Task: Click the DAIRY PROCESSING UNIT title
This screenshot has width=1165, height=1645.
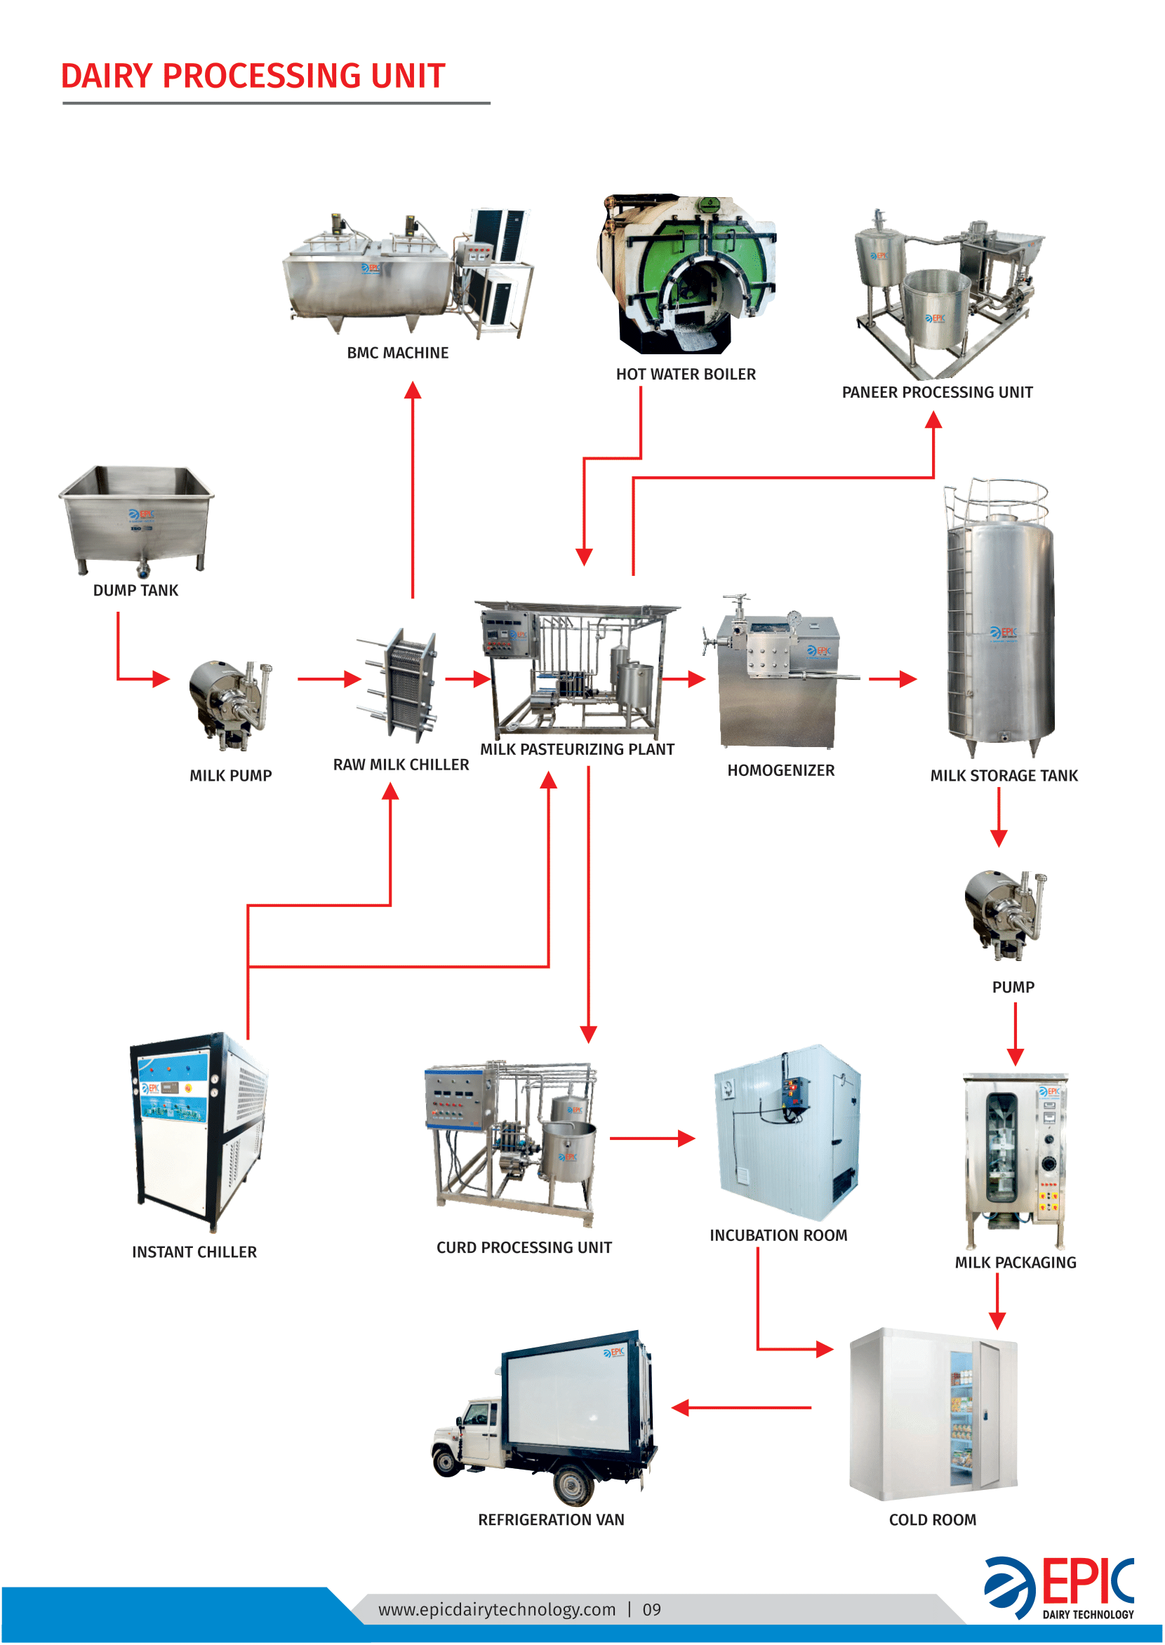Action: coord(253,76)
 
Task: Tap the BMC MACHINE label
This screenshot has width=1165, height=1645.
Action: coord(397,353)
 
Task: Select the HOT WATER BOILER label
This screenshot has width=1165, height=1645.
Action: coord(685,375)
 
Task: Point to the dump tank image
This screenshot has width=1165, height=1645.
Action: coord(136,518)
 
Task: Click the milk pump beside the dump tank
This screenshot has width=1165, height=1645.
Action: coord(230,705)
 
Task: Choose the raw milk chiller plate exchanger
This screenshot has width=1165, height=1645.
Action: coord(401,685)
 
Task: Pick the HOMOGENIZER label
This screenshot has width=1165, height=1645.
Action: coord(780,770)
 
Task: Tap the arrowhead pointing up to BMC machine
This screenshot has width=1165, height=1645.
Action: coord(413,390)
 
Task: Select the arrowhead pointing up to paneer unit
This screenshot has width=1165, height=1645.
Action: coord(933,419)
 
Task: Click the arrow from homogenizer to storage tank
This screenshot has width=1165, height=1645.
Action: coord(893,678)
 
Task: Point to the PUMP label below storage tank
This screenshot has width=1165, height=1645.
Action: coord(1012,987)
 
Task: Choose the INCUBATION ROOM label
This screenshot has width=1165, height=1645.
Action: coord(778,1235)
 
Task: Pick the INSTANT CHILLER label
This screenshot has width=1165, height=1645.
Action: coord(194,1251)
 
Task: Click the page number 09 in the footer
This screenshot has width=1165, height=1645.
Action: coord(651,1610)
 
